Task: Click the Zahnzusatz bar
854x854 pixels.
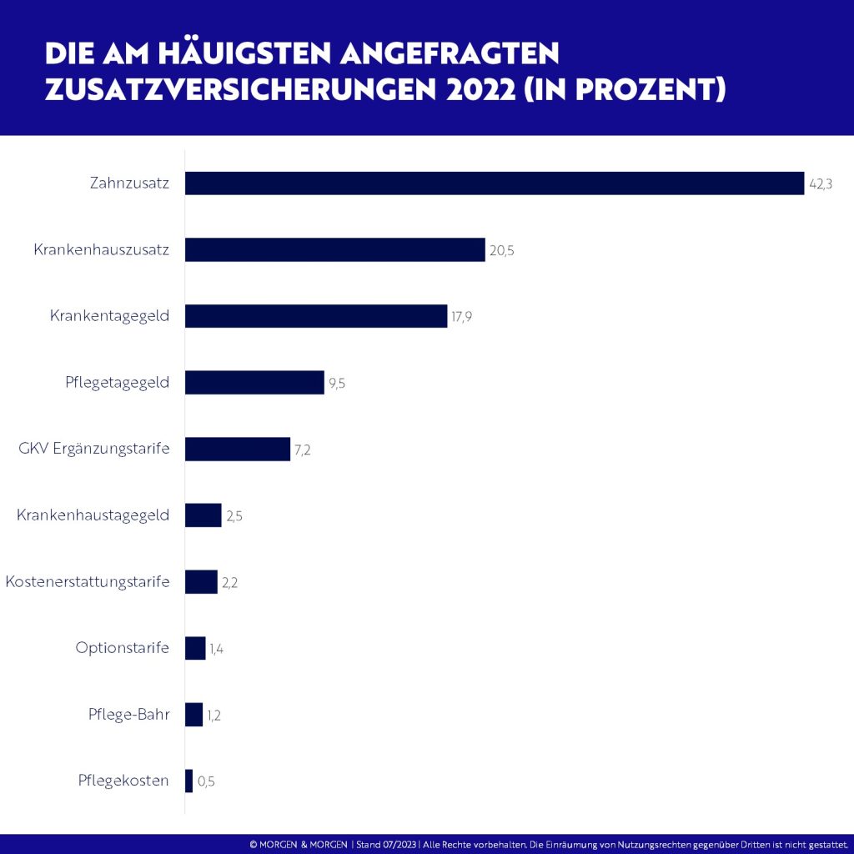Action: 494,183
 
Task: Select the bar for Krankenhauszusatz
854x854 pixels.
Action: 334,249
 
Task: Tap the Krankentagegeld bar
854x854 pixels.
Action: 316,316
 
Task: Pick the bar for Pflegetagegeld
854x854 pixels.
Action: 254,382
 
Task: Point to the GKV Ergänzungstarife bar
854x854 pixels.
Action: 238,449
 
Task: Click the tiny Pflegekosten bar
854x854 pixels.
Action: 189,781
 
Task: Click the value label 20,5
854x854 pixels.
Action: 502,250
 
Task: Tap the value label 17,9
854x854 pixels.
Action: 462,317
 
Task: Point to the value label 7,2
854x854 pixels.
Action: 303,450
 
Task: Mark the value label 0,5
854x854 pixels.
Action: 206,781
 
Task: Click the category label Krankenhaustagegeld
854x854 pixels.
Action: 93,515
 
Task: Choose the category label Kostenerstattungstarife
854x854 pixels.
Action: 87,581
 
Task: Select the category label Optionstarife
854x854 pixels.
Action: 122,648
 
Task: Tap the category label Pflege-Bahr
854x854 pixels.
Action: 128,714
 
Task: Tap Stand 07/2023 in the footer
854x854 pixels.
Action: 386,844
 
